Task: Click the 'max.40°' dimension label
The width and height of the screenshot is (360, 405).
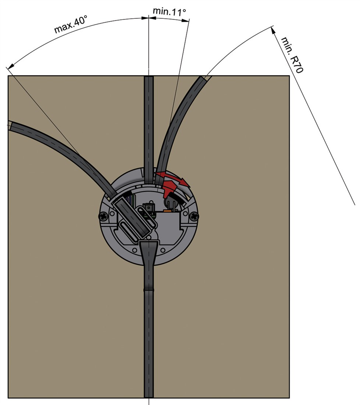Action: click(x=71, y=24)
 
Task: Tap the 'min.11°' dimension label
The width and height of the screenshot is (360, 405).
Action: click(x=169, y=11)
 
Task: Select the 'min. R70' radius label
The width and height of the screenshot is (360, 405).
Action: click(x=292, y=55)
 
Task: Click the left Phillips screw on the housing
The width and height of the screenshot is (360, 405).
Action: click(x=103, y=216)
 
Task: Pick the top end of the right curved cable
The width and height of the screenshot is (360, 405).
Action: click(x=205, y=77)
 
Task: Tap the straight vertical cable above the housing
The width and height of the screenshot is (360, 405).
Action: click(x=149, y=129)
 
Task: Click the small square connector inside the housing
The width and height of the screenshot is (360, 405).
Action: click(x=149, y=208)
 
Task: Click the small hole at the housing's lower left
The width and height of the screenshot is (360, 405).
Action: click(x=135, y=250)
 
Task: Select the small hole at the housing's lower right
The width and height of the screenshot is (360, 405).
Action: click(x=163, y=250)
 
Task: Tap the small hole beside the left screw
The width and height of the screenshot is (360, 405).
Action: click(x=112, y=214)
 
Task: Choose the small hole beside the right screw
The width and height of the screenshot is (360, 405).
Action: click(x=186, y=214)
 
